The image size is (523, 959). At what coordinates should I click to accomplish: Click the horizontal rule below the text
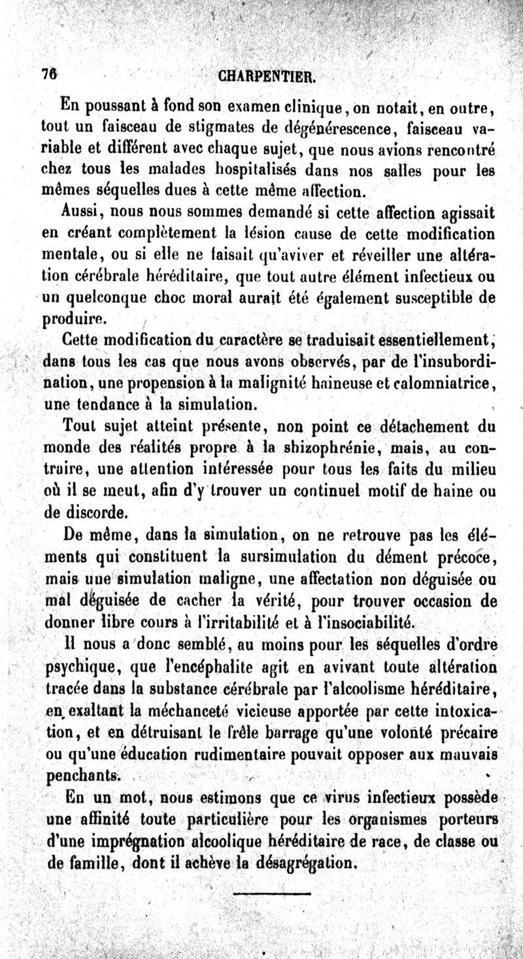tap(265, 892)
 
